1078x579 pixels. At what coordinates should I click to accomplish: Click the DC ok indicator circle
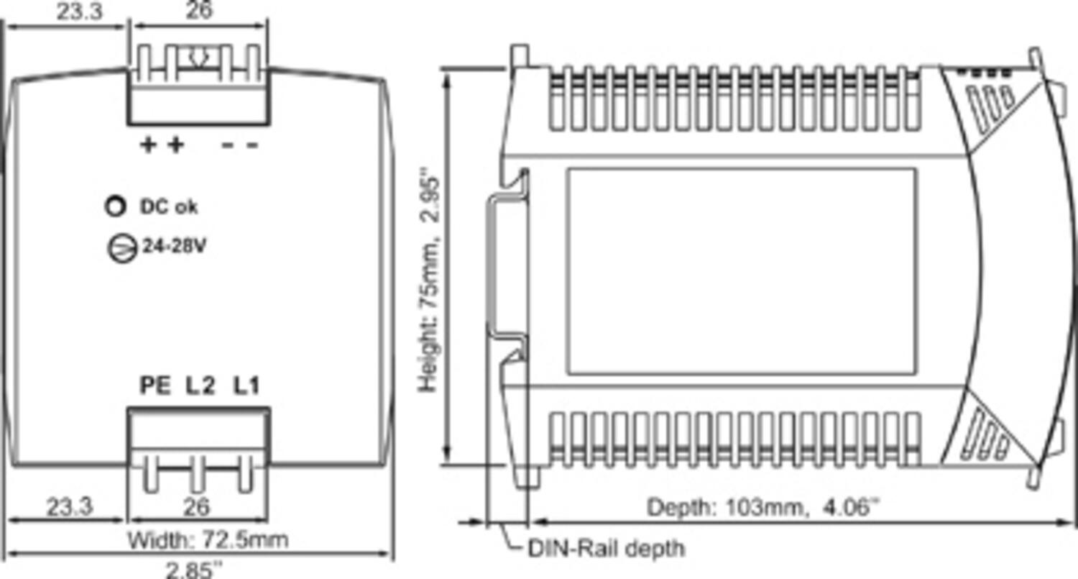point(114,206)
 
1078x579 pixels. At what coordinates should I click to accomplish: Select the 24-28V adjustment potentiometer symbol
point(121,247)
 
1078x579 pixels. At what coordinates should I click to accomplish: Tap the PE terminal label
point(155,386)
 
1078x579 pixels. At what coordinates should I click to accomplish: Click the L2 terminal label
point(201,386)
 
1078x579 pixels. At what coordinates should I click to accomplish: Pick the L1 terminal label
point(245,386)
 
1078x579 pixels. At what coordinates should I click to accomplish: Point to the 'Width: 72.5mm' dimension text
point(208,539)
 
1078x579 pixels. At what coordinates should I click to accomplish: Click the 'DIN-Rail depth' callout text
point(607,549)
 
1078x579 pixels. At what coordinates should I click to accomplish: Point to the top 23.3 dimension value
point(79,12)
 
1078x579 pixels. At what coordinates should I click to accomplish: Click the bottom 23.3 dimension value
point(70,507)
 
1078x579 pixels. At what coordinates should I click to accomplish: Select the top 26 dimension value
point(199,12)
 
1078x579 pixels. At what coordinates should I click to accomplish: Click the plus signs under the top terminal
point(162,145)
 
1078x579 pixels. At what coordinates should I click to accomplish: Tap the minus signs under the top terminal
point(240,145)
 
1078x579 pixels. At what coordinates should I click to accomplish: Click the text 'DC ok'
point(168,207)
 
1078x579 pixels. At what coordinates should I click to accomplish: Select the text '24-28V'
point(175,247)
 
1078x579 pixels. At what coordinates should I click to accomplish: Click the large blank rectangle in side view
point(741,271)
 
